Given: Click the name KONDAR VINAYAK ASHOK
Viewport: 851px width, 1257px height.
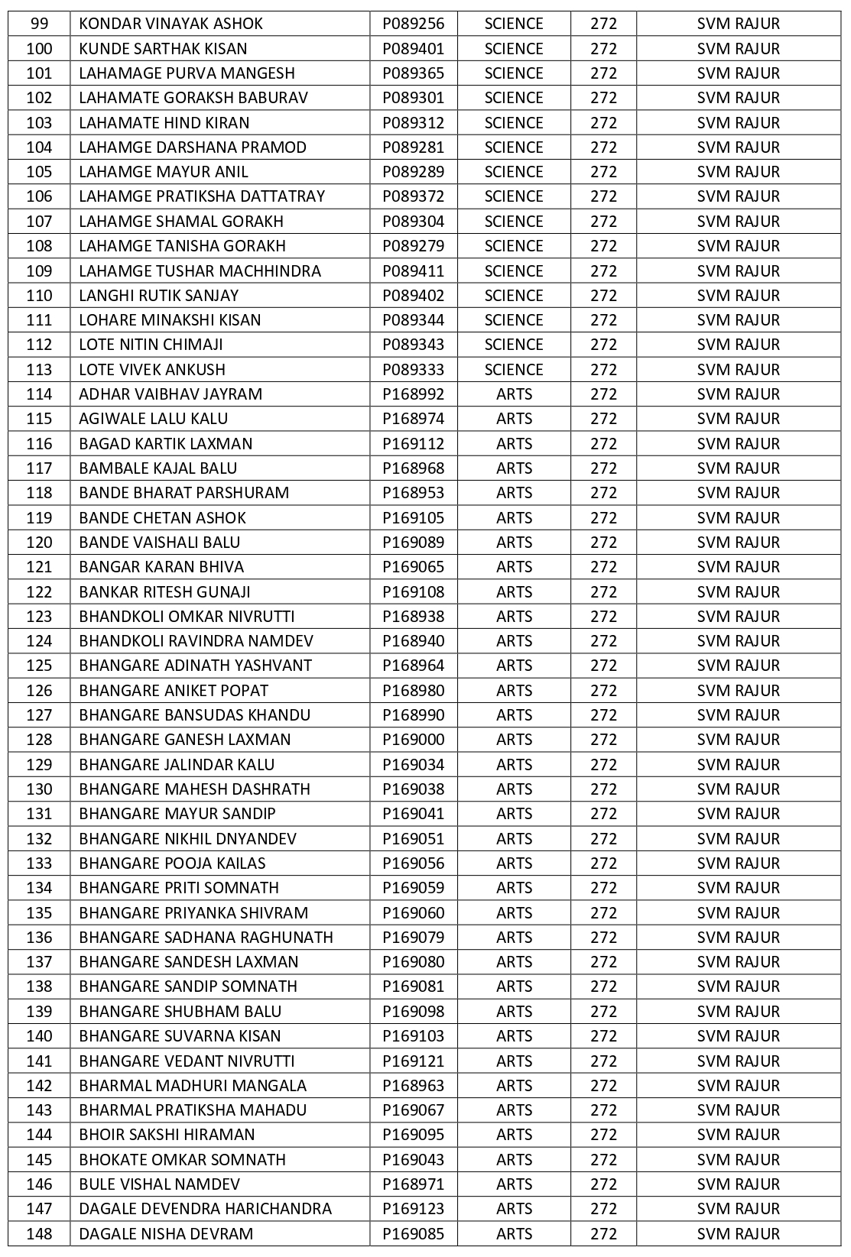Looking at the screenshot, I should coord(171,24).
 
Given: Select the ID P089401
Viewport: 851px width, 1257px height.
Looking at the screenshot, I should coord(413,49).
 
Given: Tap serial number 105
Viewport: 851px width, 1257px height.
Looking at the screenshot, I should coord(39,172).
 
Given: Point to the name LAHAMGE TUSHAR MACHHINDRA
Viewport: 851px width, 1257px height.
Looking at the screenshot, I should coord(200,271).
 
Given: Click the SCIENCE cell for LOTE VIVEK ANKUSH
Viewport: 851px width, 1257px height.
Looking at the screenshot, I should coord(514,370).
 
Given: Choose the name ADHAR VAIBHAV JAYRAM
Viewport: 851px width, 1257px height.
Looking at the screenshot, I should coord(171,394).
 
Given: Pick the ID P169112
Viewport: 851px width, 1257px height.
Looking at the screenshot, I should coord(413,444).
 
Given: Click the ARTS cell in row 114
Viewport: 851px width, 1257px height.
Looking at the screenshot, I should coord(514,394).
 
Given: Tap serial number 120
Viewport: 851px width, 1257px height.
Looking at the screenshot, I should coord(39,543).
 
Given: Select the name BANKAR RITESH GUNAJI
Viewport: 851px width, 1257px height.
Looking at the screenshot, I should coord(164,592).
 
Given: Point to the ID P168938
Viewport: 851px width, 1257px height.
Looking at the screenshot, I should coord(413,617).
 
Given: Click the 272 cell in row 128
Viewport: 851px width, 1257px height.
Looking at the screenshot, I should coord(603,740).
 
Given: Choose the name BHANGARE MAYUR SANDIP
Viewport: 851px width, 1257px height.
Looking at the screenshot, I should coord(177,814).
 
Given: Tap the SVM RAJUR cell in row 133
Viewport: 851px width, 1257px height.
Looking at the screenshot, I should coord(738,863).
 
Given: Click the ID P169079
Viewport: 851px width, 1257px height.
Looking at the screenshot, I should coord(413,938).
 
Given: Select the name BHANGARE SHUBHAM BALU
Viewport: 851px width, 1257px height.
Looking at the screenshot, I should coord(180,1012).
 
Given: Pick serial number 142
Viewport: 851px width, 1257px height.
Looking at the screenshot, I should coord(39,1086).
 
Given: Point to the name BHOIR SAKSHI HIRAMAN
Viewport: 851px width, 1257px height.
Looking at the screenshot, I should coord(167,1135).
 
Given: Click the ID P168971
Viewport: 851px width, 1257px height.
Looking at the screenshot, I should coord(413,1184).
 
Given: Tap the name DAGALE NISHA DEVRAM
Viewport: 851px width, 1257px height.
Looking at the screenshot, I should coord(166,1234).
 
